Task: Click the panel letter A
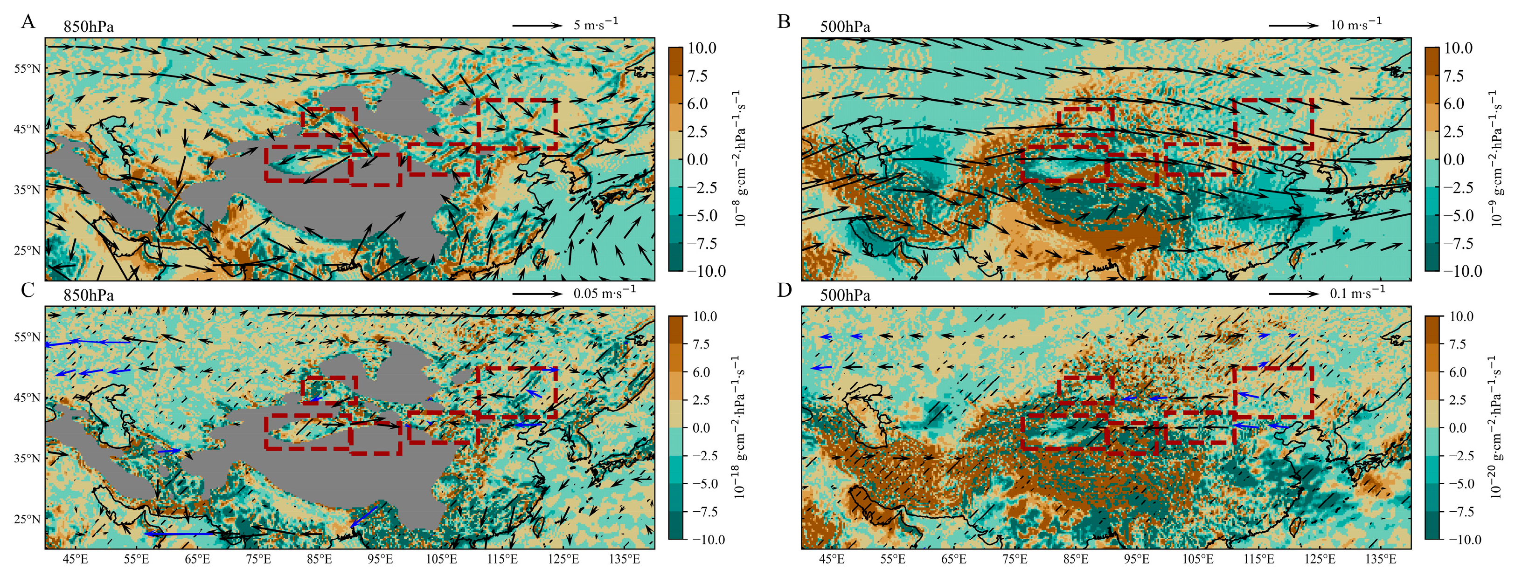pos(28,22)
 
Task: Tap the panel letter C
pos(28,290)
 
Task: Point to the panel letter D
pos(784,290)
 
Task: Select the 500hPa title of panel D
pos(845,295)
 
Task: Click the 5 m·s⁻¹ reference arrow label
pos(595,24)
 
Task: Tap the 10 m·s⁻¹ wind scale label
pos(1355,24)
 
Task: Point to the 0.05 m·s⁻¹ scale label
pos(604,293)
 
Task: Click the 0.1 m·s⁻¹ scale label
pos(1357,293)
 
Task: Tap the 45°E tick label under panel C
pos(75,559)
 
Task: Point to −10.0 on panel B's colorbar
pos(1459,271)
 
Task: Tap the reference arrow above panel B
pos(1293,25)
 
